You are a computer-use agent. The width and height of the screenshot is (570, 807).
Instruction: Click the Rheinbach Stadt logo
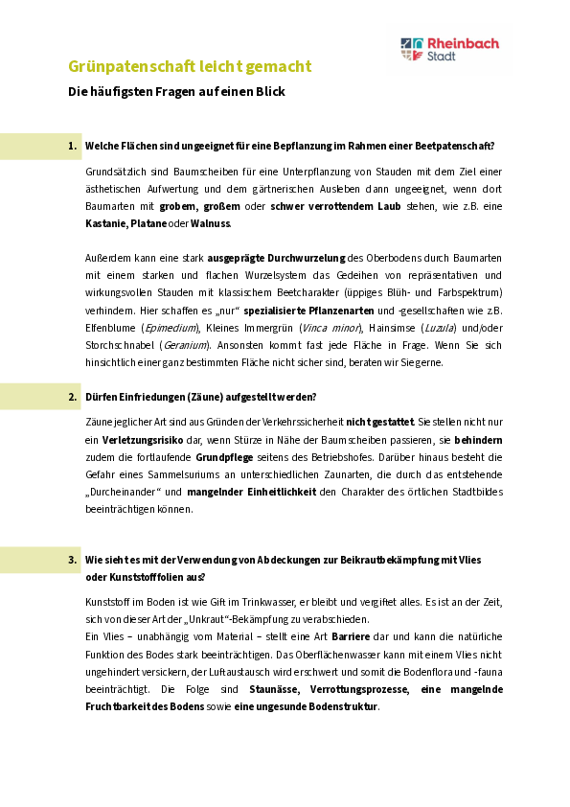coord(449,50)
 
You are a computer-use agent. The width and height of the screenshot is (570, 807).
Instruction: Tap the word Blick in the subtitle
coord(270,92)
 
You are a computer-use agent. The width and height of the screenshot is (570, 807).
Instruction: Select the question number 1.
coord(72,147)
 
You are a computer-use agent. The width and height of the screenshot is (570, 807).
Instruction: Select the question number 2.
coord(72,397)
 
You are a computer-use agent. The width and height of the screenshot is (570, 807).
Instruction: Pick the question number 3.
coord(72,560)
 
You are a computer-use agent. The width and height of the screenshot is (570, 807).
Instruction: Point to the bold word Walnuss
coord(211,224)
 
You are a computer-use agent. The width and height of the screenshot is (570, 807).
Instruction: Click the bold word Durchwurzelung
coord(307,259)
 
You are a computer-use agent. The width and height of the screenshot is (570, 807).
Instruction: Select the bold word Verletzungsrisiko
coord(143,441)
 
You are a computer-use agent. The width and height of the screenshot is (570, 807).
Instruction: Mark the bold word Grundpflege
coord(224,457)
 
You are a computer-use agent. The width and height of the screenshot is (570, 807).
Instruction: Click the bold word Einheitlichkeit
coord(282,492)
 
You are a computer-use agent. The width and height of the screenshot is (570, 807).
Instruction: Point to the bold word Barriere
coord(351,637)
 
